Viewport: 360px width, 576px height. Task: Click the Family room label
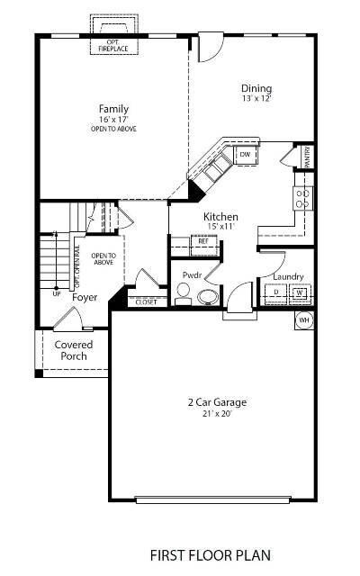[x=107, y=109]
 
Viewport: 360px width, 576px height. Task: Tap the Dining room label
[x=256, y=88]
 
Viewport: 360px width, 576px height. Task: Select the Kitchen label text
[x=220, y=217]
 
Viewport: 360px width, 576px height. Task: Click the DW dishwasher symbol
[x=245, y=155]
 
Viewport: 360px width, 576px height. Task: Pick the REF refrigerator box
[x=203, y=241]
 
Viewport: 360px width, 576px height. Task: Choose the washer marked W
[x=299, y=292]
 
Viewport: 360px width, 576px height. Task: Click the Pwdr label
[x=192, y=275]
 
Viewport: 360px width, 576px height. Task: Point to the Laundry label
[x=288, y=277]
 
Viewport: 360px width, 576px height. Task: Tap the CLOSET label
[x=146, y=302]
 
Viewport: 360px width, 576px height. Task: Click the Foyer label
[x=85, y=295]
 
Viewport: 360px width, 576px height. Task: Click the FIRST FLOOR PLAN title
[x=211, y=555]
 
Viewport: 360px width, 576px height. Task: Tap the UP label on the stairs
[x=57, y=293]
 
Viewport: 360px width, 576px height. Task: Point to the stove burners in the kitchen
[x=303, y=198]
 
